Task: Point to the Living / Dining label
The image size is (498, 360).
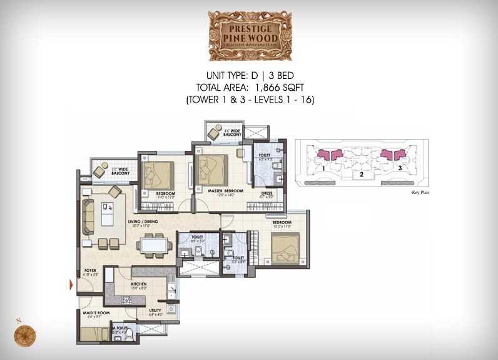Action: tap(143, 222)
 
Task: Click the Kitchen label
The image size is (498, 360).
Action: tap(138, 285)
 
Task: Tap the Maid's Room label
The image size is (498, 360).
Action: tap(93, 312)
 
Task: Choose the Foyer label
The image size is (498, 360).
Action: tap(90, 271)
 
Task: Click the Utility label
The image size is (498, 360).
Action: tap(155, 310)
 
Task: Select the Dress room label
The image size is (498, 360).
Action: tap(267, 193)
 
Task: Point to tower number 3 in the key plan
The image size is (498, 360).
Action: tap(399, 168)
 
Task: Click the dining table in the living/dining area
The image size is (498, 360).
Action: tap(153, 244)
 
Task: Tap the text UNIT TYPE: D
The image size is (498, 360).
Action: tap(228, 76)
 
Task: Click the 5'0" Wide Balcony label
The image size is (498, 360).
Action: tap(120, 170)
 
